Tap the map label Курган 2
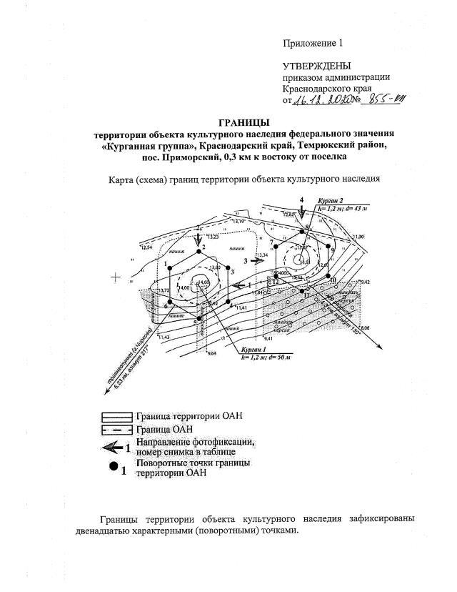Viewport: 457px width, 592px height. click(x=331, y=202)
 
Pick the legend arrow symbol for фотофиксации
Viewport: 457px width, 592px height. click(x=114, y=448)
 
